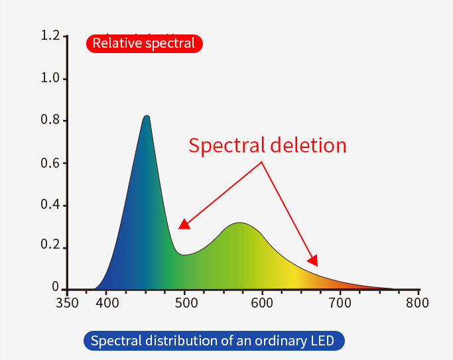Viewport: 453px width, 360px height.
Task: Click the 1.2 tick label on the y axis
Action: click(x=50, y=35)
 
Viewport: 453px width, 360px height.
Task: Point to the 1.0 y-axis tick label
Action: click(x=50, y=78)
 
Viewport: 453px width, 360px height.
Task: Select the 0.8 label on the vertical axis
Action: click(x=50, y=121)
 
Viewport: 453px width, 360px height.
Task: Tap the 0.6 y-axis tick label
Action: click(x=50, y=163)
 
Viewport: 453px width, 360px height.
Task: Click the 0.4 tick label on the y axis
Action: click(x=50, y=205)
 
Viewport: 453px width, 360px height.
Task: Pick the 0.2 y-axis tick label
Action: click(x=50, y=247)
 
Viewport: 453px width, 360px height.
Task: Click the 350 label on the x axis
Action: click(x=68, y=304)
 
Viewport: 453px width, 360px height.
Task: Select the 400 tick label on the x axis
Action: click(x=107, y=304)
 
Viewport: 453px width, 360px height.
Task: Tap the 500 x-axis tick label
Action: click(x=185, y=304)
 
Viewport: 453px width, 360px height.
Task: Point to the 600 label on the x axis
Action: click(x=263, y=304)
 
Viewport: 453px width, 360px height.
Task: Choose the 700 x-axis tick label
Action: click(x=340, y=304)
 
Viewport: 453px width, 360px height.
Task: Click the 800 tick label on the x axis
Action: click(x=418, y=304)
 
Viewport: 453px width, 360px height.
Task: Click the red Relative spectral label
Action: click(x=144, y=44)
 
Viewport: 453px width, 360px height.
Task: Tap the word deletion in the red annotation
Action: click(x=308, y=145)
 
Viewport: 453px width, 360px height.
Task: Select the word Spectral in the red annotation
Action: click(x=226, y=145)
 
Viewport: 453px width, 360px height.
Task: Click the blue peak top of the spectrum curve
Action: click(x=147, y=117)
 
